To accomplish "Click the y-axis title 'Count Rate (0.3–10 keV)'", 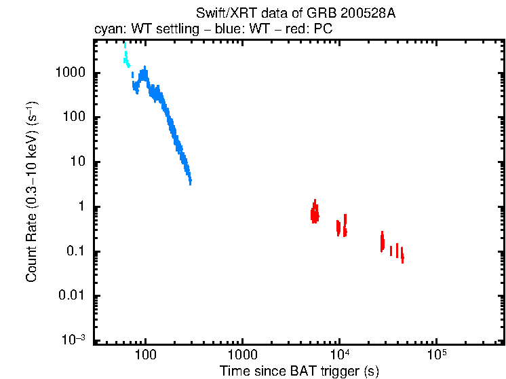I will pyautogui.click(x=31, y=192).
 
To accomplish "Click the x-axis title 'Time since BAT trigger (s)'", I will pyautogui.click(x=299, y=371).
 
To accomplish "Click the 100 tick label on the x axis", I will pyautogui.click(x=146, y=355).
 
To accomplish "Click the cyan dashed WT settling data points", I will pyautogui.click(x=126, y=58).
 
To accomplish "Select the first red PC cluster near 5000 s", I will pyautogui.click(x=315, y=213).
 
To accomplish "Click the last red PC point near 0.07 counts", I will pyautogui.click(x=402, y=257).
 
